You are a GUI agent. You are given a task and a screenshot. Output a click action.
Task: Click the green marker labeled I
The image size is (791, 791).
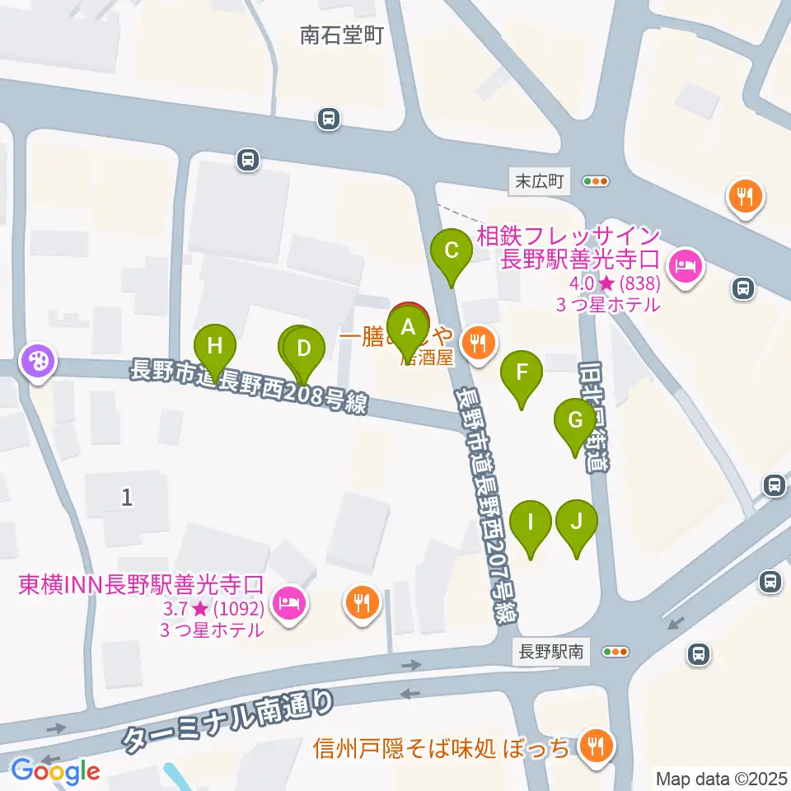pyautogui.click(x=531, y=522)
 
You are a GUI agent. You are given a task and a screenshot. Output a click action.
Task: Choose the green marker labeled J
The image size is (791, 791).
pyautogui.click(x=576, y=522)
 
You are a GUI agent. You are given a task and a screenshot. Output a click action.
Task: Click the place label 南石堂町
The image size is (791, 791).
pyautogui.click(x=341, y=35)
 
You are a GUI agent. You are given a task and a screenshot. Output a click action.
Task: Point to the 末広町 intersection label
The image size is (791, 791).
pyautogui.click(x=539, y=181)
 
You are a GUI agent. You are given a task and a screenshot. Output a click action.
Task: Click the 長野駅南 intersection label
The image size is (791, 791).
pyautogui.click(x=551, y=652)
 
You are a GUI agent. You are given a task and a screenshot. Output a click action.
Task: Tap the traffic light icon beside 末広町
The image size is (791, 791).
pyautogui.click(x=595, y=181)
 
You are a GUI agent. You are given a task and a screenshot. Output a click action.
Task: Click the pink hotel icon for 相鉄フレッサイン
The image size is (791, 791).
pyautogui.click(x=685, y=265)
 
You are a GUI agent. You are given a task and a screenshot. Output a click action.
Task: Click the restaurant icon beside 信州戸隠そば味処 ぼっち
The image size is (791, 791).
pyautogui.click(x=592, y=746)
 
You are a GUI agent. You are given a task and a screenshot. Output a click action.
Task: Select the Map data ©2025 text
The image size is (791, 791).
pyautogui.click(x=721, y=778)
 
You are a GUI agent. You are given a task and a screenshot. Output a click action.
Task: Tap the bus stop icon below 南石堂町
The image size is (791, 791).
pyautogui.click(x=329, y=119)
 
